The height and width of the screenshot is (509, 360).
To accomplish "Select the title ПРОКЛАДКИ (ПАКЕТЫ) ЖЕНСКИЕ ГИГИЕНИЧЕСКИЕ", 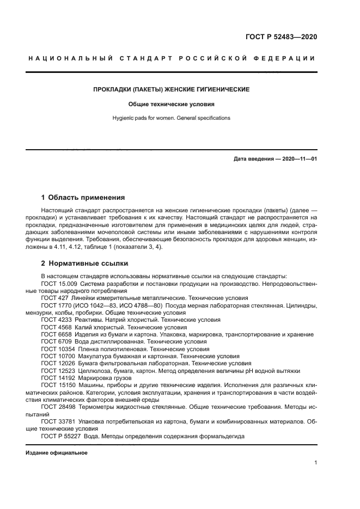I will point(171,89).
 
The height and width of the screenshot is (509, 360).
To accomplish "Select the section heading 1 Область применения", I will point(83,197).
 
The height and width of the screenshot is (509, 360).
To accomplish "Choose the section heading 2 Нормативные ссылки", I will point(84,263).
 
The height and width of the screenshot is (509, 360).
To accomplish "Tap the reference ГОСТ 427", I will point(53,298).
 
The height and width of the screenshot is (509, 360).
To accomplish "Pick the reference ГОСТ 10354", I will point(57,348).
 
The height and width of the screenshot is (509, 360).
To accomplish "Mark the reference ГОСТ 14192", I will point(57,377).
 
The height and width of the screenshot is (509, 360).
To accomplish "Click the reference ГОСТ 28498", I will point(57,406).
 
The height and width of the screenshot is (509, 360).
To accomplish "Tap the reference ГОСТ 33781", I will point(57,421).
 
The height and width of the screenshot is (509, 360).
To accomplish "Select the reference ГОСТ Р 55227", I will point(60,436).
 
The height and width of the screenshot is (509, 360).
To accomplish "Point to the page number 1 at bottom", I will point(315,463).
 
